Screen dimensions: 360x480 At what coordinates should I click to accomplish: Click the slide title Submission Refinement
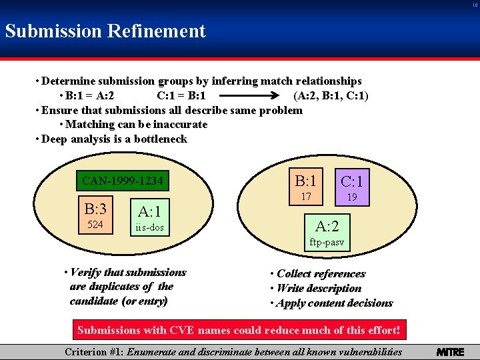point(105,31)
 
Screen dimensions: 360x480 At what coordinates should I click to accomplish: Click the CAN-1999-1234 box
point(122,181)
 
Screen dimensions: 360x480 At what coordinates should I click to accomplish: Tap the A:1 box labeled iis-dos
point(149,218)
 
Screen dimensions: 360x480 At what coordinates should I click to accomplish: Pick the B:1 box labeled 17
point(306,186)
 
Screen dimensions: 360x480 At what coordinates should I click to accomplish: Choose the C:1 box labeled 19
point(351,186)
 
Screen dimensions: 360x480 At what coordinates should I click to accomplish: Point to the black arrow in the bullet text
point(250,95)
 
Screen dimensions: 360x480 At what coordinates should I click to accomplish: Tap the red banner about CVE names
point(239,330)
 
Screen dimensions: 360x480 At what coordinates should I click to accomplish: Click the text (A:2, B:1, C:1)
point(331,95)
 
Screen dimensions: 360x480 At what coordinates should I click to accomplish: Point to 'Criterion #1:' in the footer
point(93,352)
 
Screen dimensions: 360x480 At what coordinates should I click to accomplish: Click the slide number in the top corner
point(475,4)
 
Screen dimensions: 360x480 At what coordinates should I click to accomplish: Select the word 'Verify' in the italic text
point(85,272)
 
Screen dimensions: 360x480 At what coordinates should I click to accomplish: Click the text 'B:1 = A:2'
point(95,95)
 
